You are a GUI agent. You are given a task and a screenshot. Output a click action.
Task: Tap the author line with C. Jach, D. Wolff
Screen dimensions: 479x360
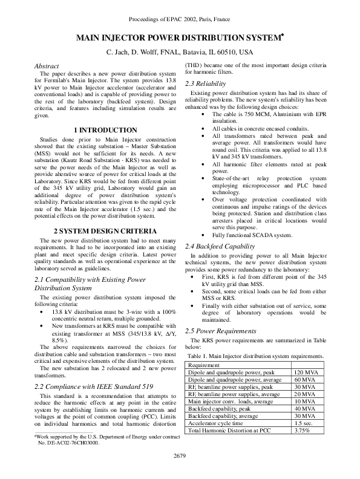pyautogui.click(x=180, y=53)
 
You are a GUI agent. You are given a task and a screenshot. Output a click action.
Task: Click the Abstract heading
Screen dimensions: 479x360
pyautogui.click(x=47, y=66)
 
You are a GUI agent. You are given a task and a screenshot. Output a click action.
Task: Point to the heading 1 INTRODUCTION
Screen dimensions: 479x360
pyautogui.click(x=105, y=129)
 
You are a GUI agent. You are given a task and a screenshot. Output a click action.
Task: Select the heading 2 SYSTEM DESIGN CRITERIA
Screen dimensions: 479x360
pyautogui.click(x=105, y=232)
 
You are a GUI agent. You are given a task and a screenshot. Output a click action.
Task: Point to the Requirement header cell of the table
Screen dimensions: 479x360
pyautogui.click(x=204, y=349)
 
